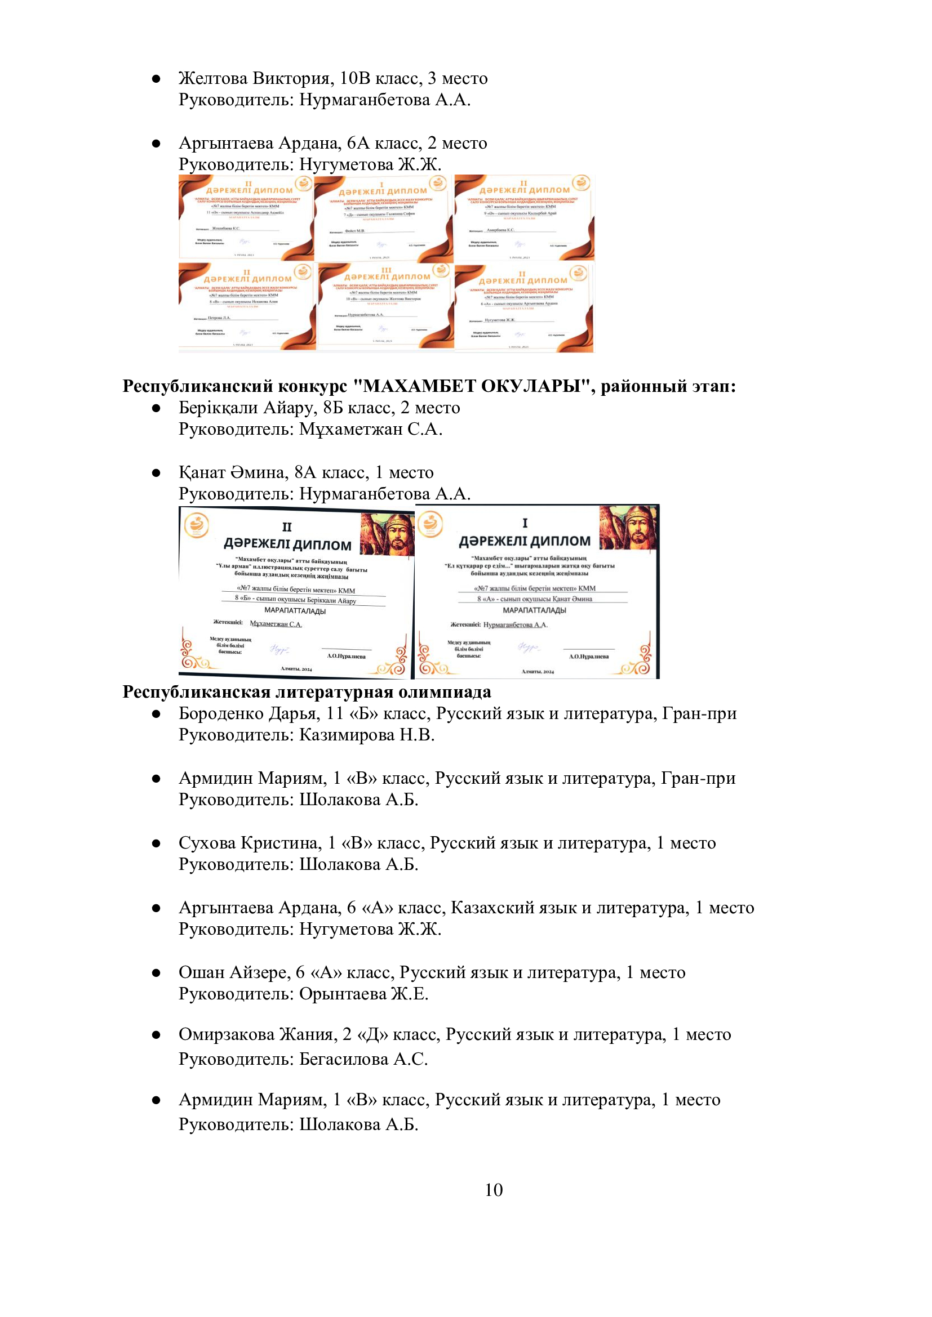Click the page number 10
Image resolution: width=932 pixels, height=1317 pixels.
[494, 1190]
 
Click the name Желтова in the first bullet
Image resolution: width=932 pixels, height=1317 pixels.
[213, 78]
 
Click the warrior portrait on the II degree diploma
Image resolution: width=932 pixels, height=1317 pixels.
[387, 534]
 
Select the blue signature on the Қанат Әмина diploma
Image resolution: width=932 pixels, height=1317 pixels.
[529, 647]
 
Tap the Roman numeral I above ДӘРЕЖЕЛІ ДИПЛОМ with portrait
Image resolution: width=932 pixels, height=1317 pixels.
[525, 523]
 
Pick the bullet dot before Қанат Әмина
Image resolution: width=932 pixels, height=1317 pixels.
[156, 473]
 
